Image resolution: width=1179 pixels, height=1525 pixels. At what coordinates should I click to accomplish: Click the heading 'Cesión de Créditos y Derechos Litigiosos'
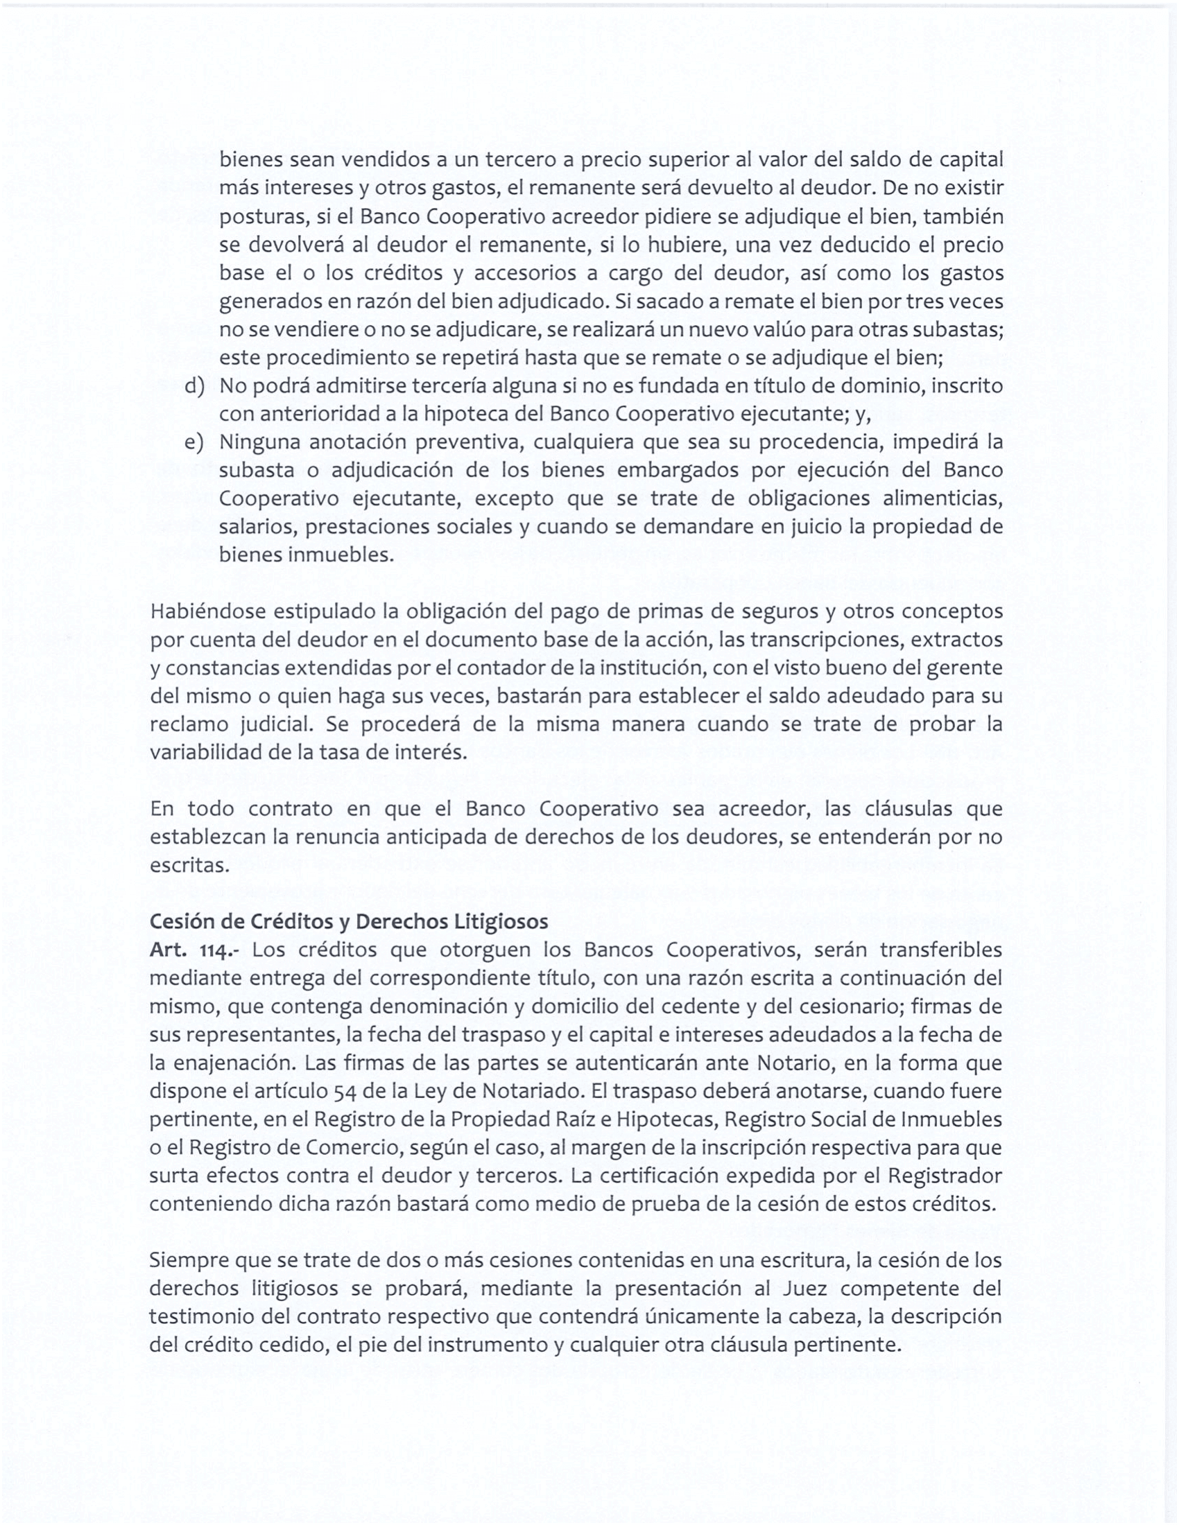349,922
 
